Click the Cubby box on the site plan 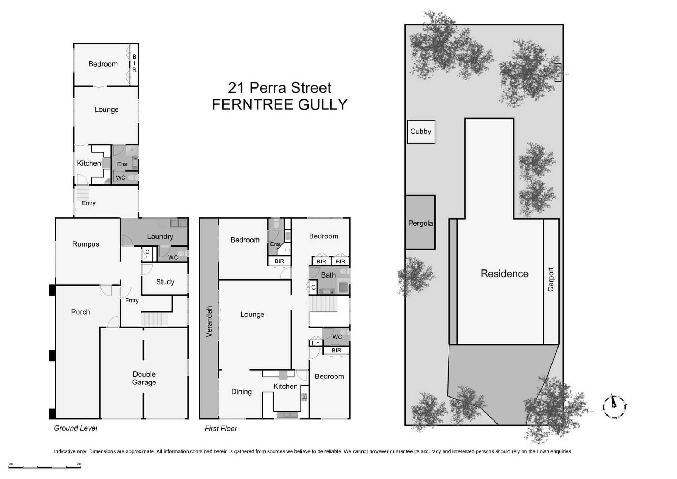pos(421,132)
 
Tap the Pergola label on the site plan pos(420,223)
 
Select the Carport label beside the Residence pos(551,279)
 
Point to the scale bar pos(45,466)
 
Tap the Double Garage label pos(144,378)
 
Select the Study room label pos(165,282)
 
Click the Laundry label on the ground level pos(160,237)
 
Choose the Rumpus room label pos(86,244)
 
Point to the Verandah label pos(209,321)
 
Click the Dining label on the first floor pos(242,392)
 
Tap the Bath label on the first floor pos(328,275)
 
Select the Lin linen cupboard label pos(316,343)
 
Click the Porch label pos(80,312)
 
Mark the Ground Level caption pos(75,428)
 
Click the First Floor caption pos(221,429)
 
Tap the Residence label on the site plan pos(505,274)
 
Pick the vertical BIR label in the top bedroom pos(134,63)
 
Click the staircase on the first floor pos(323,304)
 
